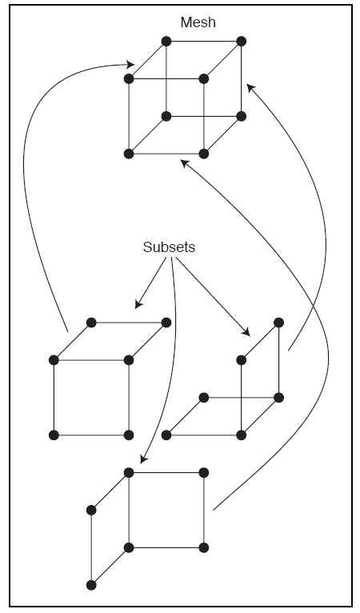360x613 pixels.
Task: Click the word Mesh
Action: point(198,22)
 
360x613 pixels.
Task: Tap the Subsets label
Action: point(169,247)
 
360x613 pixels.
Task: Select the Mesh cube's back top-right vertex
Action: point(241,41)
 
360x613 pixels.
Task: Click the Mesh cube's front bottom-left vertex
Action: point(129,154)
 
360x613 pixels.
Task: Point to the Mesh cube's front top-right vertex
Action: point(204,78)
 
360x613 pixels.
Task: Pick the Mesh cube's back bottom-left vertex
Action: point(166,116)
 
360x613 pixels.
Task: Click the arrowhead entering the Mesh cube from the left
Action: point(130,64)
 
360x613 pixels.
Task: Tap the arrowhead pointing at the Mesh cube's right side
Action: point(250,87)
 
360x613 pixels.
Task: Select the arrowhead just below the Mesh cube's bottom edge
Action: point(184,163)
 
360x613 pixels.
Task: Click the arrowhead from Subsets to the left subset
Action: point(138,304)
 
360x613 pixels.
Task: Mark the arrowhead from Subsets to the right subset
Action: point(246,332)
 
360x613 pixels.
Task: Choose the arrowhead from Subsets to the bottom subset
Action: point(143,459)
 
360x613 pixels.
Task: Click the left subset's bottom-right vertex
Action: point(129,435)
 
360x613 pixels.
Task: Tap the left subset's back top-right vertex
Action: point(166,323)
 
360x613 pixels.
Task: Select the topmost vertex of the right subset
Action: point(278,323)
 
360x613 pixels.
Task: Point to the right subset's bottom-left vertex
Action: point(166,435)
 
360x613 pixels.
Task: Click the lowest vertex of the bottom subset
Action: point(91,585)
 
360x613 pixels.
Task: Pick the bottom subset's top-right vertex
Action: point(204,473)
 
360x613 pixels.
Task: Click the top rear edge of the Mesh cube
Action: point(204,41)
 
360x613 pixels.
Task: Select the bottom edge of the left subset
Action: point(91,435)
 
